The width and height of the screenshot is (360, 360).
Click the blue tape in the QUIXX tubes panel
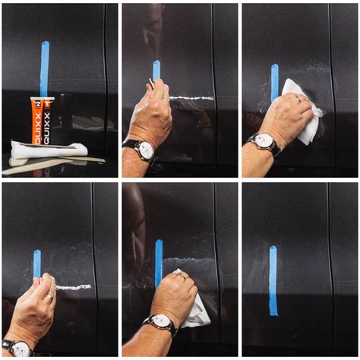tap(44, 68)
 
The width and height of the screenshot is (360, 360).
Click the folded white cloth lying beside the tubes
tap(47, 150)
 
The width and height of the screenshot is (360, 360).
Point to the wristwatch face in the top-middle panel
tap(145, 150)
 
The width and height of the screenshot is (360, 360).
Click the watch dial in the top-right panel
tap(265, 141)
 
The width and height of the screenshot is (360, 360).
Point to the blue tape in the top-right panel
tap(274, 82)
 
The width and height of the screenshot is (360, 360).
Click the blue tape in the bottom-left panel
tap(36, 263)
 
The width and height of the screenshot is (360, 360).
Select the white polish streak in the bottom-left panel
tap(74, 287)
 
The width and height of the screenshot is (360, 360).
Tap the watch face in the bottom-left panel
tap(19, 349)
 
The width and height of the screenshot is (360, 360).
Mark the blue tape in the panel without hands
tap(273, 280)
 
